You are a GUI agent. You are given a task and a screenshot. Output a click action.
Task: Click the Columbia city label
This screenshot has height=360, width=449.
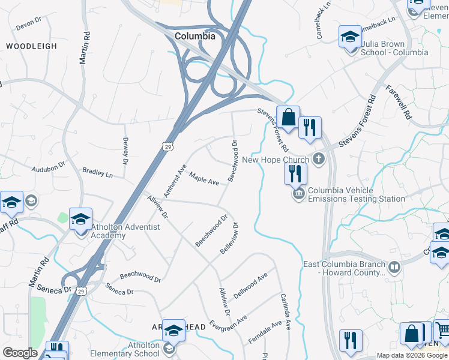pos(194,36)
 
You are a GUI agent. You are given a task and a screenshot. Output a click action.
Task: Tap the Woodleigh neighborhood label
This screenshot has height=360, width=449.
pos(31,46)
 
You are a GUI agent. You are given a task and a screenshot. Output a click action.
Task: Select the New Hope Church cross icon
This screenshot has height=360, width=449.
pos(318,160)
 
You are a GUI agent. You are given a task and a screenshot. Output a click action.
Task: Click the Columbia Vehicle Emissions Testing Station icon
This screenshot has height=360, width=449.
pos(298,194)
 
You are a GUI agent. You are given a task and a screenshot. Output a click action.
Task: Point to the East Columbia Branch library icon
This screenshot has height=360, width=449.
pos(394,268)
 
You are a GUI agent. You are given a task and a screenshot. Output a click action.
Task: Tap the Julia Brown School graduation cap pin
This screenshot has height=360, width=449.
pos(350,38)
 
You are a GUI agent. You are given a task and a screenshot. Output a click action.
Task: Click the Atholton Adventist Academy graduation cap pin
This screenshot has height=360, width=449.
pos(80,220)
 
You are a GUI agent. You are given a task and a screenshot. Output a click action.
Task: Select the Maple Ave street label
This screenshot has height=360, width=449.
pos(204,178)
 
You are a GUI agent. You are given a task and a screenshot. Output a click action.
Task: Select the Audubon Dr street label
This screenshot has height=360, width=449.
pos(48,168)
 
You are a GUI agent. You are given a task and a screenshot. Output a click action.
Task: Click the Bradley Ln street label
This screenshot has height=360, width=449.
pos(97,173)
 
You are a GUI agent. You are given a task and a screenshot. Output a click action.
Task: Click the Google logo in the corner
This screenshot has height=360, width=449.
pos(20,353)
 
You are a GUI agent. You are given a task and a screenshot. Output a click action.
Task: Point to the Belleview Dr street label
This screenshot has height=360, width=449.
pos(230,238)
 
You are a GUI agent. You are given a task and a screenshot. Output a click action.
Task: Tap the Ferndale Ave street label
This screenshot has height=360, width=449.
pos(265,332)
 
